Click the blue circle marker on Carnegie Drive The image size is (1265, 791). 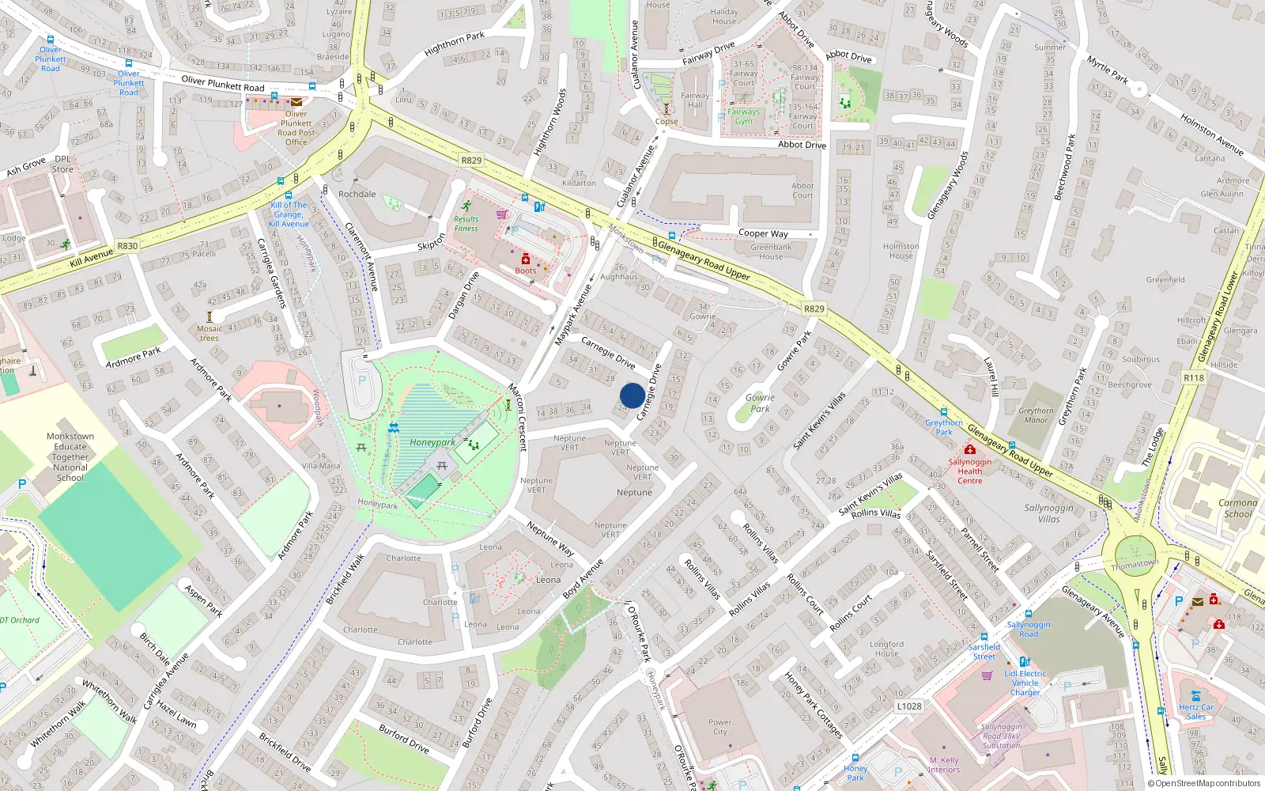[x=632, y=395]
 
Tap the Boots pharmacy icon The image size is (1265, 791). [x=526, y=259]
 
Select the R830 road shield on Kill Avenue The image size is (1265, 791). [x=127, y=246]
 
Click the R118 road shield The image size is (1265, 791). [x=1194, y=378]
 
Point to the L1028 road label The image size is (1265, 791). [x=909, y=706]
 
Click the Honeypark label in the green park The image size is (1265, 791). [x=432, y=443]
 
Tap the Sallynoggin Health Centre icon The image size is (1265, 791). [x=969, y=450]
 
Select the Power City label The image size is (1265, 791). [x=719, y=727]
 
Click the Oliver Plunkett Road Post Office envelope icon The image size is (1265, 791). [x=296, y=102]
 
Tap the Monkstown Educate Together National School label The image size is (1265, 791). [x=70, y=457]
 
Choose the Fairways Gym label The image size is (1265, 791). [x=743, y=116]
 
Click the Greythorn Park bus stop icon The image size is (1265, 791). [x=943, y=412]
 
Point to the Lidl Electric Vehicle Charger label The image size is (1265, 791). [x=1025, y=683]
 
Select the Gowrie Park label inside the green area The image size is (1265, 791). [x=760, y=403]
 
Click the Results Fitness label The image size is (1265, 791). [x=466, y=224]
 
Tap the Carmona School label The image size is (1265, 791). [x=1237, y=508]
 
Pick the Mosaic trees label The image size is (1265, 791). [x=210, y=333]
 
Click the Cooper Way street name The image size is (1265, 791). [x=763, y=233]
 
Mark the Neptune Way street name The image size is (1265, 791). [x=550, y=538]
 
